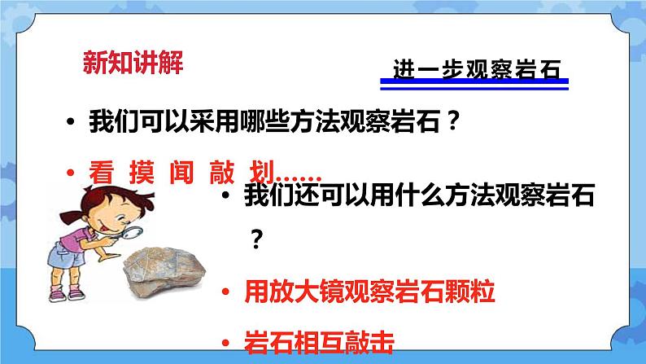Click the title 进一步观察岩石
tap(478, 70)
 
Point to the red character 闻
tap(179, 172)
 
